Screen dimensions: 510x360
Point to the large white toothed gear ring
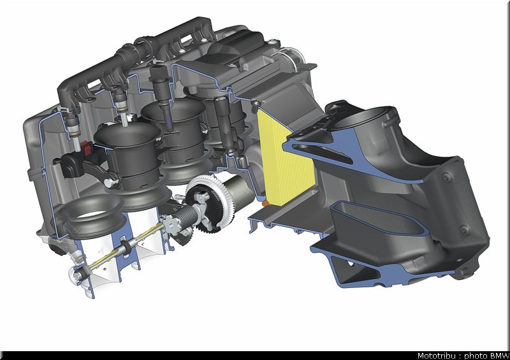(208, 203)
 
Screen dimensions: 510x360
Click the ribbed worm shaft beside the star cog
(186, 215)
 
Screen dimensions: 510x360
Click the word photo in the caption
(476, 356)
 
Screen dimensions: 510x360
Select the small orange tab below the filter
(265, 203)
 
